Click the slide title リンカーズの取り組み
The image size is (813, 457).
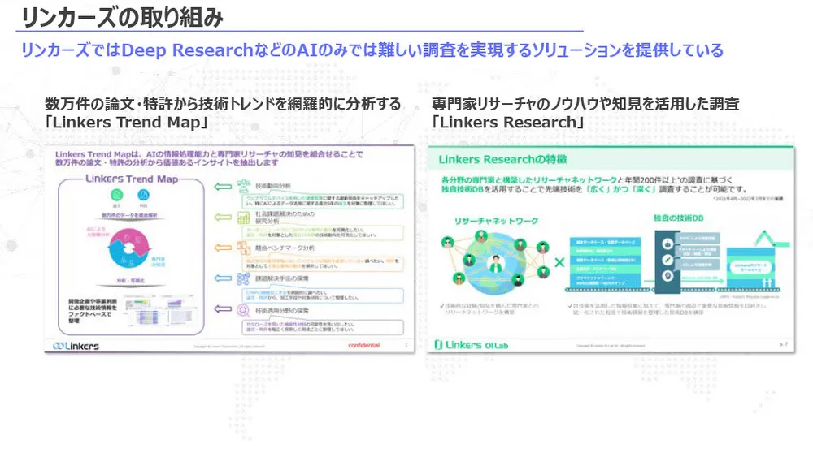coord(121,16)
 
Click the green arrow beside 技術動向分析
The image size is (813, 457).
coord(223,187)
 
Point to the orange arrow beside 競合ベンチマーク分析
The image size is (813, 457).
coord(223,246)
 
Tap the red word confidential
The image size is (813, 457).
coord(363,345)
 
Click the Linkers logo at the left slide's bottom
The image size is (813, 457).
coord(76,346)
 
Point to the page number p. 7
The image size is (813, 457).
coord(783,345)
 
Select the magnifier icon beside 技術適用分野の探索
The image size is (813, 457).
coord(242,308)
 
